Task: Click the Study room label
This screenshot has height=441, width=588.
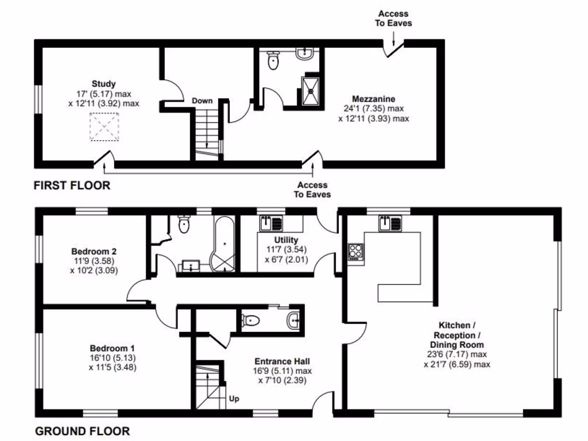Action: tap(103, 84)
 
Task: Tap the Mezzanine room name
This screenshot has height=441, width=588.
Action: tap(373, 99)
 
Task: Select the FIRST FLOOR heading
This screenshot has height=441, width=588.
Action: tap(72, 185)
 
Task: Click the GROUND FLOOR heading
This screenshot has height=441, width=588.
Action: tap(83, 431)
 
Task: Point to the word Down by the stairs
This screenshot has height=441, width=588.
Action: tap(202, 100)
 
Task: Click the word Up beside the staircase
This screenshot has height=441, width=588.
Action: tap(234, 399)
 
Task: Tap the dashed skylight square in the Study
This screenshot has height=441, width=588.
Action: tap(105, 127)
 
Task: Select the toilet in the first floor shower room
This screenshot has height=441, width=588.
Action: tap(273, 60)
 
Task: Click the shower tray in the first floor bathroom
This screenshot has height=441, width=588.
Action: tap(310, 91)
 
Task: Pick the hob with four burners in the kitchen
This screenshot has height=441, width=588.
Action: tap(355, 252)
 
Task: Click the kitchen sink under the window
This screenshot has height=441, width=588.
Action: tap(390, 223)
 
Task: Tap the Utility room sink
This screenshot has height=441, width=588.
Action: tap(271, 223)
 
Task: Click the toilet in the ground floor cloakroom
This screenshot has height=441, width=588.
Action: tap(250, 320)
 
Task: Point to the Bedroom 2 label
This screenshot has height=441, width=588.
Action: tap(94, 252)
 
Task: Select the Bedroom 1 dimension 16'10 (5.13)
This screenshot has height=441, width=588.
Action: tap(113, 358)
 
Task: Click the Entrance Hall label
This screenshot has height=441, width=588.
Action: tap(282, 362)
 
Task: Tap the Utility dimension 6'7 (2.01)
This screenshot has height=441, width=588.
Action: tap(286, 260)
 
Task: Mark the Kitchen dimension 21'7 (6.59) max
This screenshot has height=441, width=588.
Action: tap(457, 364)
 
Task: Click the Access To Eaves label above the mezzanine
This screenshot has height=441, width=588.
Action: tap(393, 18)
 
